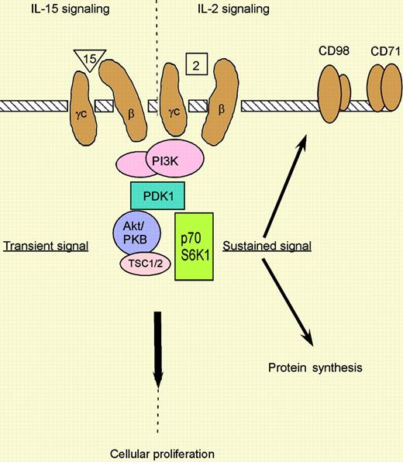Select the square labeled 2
coord(195,65)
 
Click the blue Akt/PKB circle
coord(138,232)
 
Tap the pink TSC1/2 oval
coord(144,264)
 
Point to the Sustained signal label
coord(267,247)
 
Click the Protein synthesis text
coord(315,367)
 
